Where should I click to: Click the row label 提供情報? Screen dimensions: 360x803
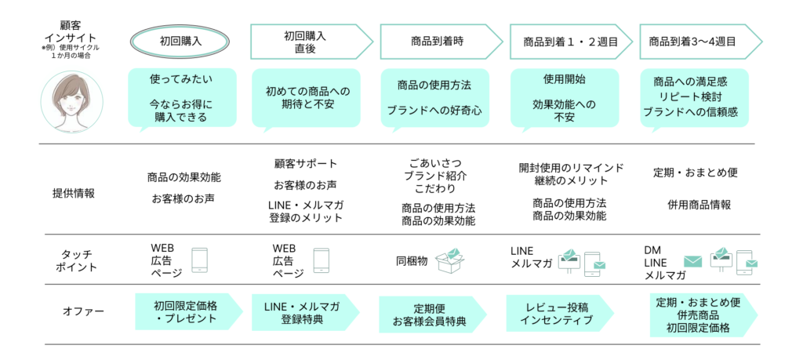[x=74, y=193]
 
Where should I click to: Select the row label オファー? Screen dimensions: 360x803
[x=77, y=311]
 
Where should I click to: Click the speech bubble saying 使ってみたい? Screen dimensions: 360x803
[x=180, y=98]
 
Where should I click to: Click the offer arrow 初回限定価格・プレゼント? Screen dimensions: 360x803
[x=187, y=311]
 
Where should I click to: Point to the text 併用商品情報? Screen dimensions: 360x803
[x=699, y=205]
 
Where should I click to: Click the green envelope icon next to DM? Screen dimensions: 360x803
[x=692, y=261]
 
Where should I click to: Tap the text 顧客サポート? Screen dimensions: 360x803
[x=305, y=164]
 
